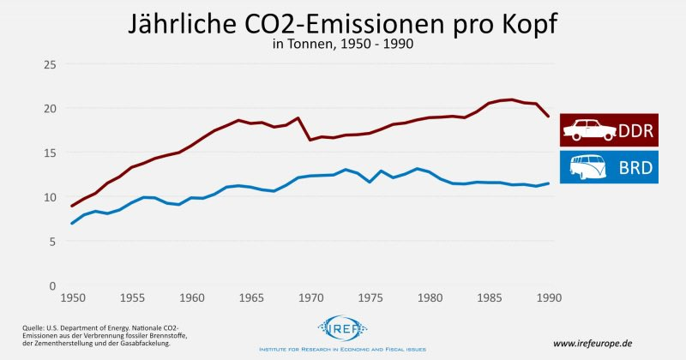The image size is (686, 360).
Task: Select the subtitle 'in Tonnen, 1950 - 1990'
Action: click(x=342, y=45)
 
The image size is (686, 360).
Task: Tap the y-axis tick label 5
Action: click(x=52, y=242)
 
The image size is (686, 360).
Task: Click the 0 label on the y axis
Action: click(x=52, y=285)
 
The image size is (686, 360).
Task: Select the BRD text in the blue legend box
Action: click(x=635, y=168)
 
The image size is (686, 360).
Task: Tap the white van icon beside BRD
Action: click(x=588, y=168)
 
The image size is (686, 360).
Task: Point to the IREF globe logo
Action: click(x=343, y=328)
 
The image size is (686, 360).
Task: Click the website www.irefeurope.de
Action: click(x=598, y=343)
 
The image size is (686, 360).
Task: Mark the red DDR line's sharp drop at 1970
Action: click(x=310, y=139)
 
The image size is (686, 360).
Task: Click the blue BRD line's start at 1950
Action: click(x=72, y=223)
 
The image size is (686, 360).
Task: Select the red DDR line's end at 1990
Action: click(x=549, y=117)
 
